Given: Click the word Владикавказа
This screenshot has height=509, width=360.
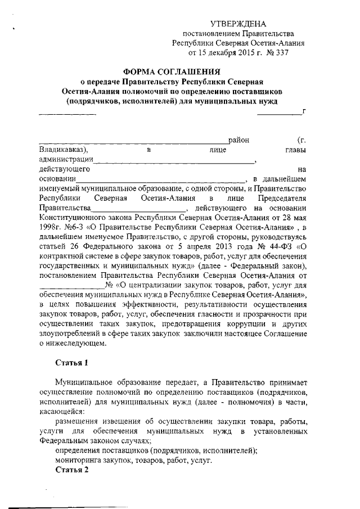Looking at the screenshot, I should click(62, 150).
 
